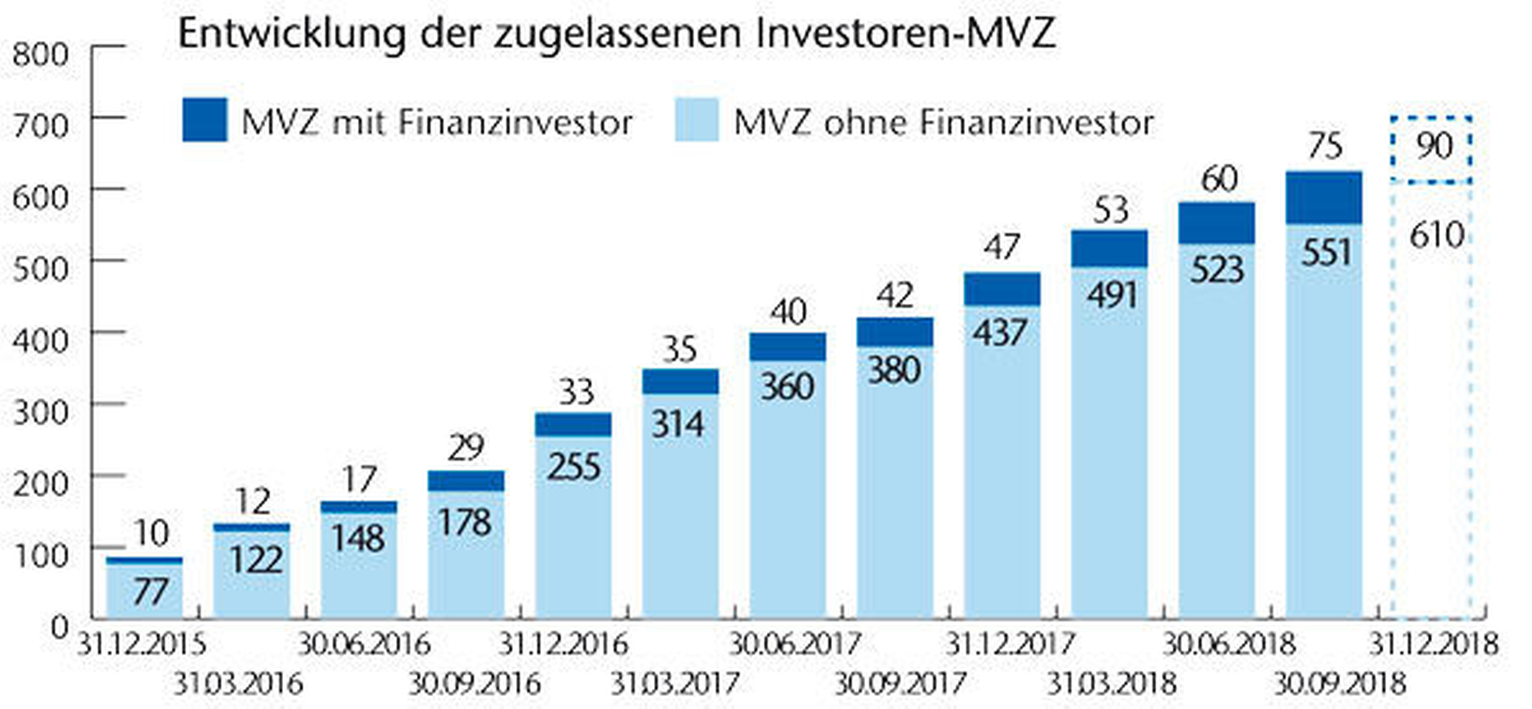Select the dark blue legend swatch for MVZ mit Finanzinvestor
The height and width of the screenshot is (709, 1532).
(205, 120)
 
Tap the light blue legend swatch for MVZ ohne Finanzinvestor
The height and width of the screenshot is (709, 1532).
(697, 120)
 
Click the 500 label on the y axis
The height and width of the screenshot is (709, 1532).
(40, 267)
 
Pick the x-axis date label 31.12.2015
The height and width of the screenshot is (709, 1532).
(142, 645)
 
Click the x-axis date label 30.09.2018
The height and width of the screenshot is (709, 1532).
(1339, 684)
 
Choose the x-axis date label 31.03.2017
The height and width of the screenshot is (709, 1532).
(675, 684)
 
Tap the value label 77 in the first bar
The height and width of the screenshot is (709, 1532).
(150, 592)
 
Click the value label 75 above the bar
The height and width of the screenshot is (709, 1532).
(1325, 146)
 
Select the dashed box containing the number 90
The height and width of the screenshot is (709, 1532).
(1431, 149)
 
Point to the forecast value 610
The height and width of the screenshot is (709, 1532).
(1436, 235)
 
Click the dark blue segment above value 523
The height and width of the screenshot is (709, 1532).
(1217, 223)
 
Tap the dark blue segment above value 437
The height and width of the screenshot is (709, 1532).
(1002, 289)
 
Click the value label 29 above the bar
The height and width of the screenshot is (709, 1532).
(465, 447)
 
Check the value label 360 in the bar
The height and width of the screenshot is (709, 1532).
(787, 386)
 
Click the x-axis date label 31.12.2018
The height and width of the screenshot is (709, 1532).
(1434, 645)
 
